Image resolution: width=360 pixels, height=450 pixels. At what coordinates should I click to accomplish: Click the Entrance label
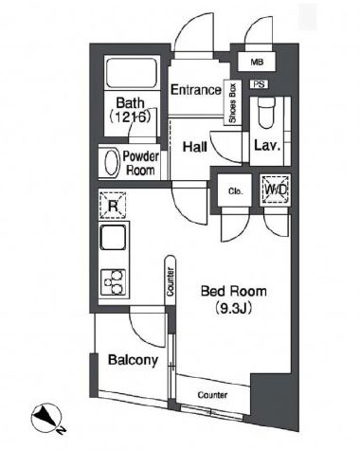(x=196, y=90)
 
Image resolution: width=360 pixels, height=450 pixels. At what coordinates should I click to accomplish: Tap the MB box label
(x=257, y=63)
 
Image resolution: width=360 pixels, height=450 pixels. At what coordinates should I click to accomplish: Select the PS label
(x=260, y=84)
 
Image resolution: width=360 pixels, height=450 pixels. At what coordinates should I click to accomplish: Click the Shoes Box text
(x=233, y=103)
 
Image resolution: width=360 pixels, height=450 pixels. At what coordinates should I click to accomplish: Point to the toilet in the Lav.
(x=266, y=113)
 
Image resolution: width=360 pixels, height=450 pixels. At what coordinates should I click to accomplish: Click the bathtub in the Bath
(x=132, y=73)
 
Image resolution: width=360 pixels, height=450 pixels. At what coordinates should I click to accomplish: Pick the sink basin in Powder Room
(x=112, y=163)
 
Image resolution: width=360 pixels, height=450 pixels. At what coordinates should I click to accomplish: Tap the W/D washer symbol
(x=276, y=189)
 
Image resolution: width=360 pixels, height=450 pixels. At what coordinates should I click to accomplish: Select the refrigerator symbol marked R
(x=113, y=206)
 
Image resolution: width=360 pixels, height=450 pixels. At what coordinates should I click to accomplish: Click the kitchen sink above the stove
(x=113, y=238)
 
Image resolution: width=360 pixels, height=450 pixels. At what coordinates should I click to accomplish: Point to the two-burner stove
(x=113, y=282)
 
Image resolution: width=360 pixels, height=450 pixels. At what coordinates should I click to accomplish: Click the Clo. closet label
(x=236, y=191)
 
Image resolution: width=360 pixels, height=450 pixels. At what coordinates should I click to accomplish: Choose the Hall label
(x=195, y=147)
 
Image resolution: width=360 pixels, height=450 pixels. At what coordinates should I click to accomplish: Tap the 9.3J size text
(x=234, y=308)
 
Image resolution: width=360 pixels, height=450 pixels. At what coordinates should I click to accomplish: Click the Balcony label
(x=133, y=360)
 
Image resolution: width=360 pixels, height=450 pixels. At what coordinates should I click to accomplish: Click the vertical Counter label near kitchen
(x=171, y=281)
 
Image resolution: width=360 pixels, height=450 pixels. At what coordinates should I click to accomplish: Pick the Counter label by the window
(x=212, y=395)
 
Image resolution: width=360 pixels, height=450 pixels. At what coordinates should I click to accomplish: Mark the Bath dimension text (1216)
(x=130, y=117)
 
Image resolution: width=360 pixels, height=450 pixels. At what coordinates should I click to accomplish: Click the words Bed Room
(x=234, y=291)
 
